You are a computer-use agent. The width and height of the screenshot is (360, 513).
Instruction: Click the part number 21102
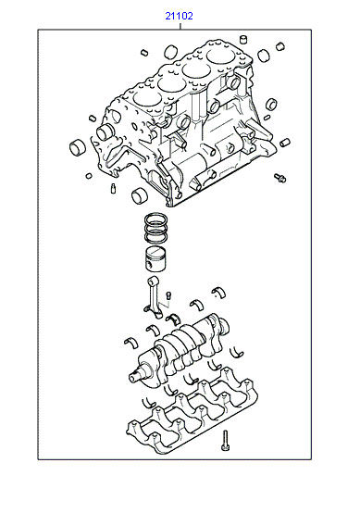coord(179,16)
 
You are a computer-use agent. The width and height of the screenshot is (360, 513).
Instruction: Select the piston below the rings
coord(155,258)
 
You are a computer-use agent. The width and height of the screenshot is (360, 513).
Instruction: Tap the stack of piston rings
coord(156,228)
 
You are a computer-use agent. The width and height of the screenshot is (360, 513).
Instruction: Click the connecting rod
coord(154,297)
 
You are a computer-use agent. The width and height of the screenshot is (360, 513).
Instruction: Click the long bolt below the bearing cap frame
coord(225,441)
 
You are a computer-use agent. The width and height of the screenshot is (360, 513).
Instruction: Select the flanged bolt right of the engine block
coord(279,178)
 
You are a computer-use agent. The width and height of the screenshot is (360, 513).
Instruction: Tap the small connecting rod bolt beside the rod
coord(168,295)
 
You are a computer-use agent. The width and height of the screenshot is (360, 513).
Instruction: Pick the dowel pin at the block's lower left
coord(113,189)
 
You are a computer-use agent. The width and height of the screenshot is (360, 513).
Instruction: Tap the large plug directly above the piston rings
coord(140,196)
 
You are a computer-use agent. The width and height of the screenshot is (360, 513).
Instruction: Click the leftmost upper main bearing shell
coord(131,343)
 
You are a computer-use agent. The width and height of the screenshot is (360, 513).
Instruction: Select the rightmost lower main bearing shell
coord(236,351)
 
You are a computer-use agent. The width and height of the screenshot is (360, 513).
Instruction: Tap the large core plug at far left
coord(78,147)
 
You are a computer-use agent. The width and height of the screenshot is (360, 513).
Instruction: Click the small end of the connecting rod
coord(153,281)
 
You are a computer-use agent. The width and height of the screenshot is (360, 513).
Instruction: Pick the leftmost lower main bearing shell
coord(149,403)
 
